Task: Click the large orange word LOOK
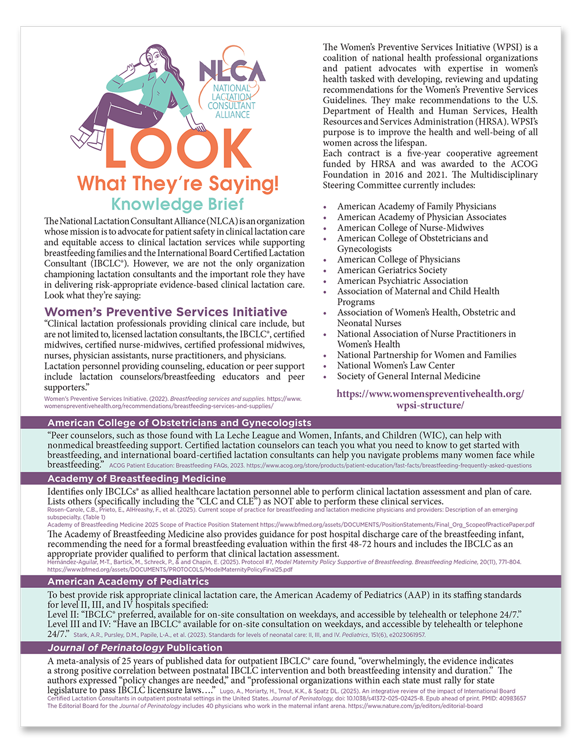(177, 149)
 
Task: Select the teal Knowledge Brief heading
(177, 204)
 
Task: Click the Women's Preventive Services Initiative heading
(166, 312)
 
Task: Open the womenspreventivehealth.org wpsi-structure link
(430, 399)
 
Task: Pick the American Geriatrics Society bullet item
(392, 270)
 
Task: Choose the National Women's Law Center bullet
(396, 366)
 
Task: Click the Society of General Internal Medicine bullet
(408, 376)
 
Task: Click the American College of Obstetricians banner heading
(179, 423)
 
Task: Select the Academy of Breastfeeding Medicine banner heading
(137, 479)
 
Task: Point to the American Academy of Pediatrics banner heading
(128, 582)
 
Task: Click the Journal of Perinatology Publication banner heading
(135, 648)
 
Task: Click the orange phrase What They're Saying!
(178, 183)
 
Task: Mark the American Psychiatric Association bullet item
(402, 281)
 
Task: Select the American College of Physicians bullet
(398, 259)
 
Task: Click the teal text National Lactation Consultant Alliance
(231, 102)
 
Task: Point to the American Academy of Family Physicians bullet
(417, 207)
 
